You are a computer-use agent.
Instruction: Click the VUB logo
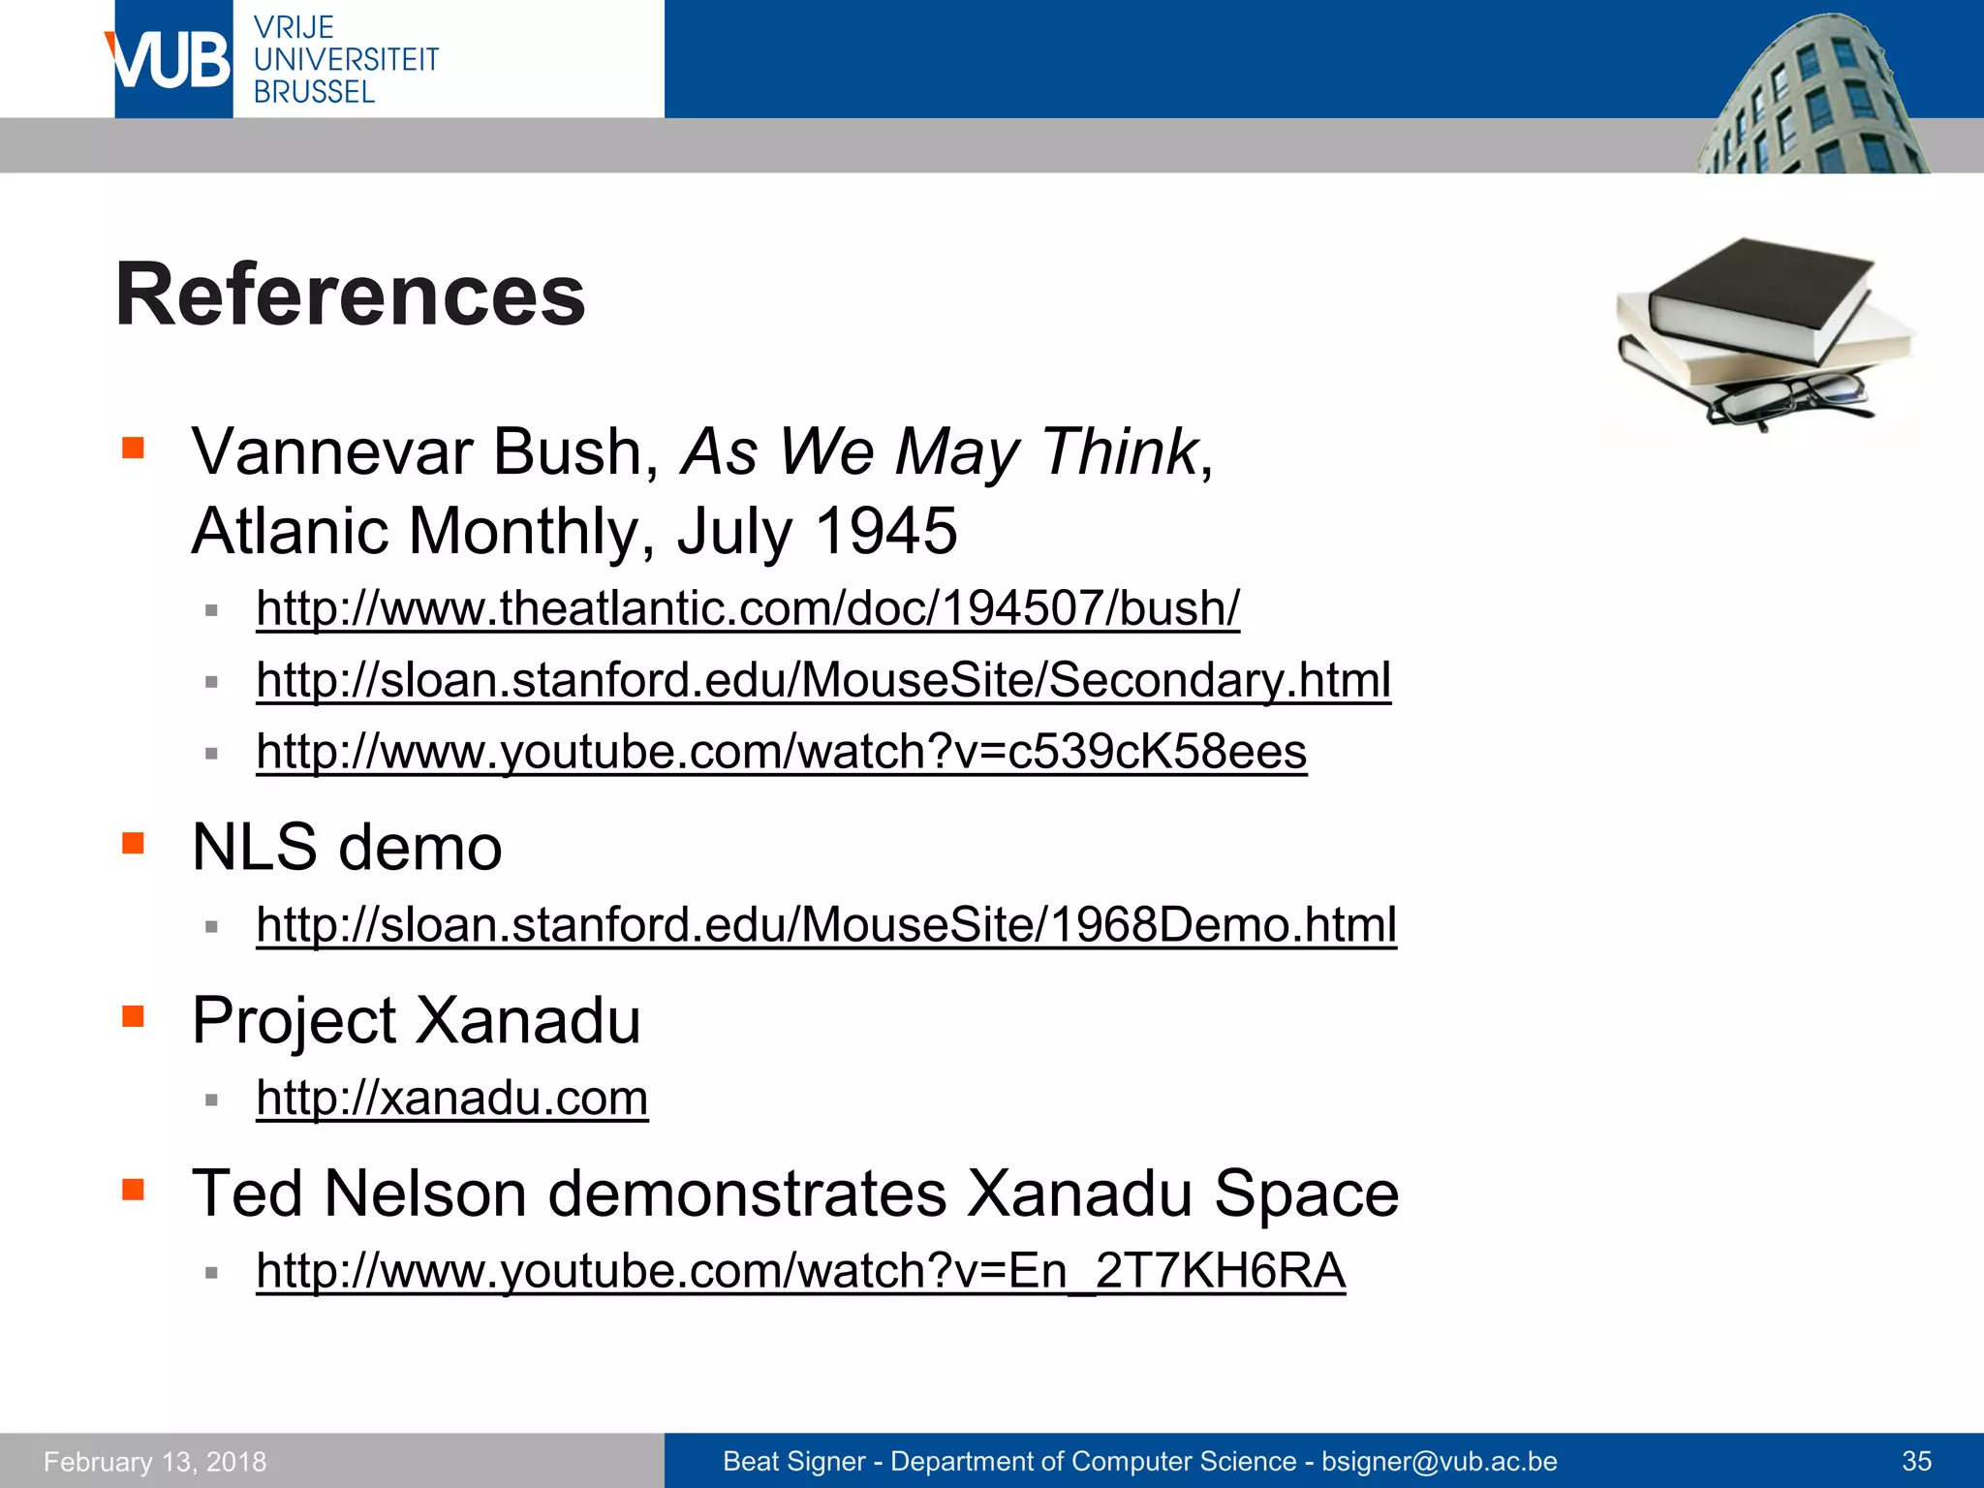(x=172, y=60)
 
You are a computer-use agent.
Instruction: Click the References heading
(x=350, y=294)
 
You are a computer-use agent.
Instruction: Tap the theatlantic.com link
(x=747, y=608)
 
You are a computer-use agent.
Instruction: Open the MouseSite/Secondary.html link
(x=823, y=679)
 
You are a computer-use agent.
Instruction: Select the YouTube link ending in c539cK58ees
(x=781, y=751)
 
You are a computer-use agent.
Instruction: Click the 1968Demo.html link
(x=825, y=924)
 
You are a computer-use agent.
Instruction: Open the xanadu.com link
(x=451, y=1098)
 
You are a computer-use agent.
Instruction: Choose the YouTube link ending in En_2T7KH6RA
(x=800, y=1270)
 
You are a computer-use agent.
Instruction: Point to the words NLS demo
(x=347, y=847)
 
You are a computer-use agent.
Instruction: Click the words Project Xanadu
(x=417, y=1020)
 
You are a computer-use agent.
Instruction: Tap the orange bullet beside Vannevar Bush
(x=133, y=448)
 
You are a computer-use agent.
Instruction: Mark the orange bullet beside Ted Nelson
(x=133, y=1189)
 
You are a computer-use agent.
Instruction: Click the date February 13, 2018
(x=155, y=1461)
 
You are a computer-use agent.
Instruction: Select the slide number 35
(x=1916, y=1461)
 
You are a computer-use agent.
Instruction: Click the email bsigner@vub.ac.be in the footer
(x=1440, y=1461)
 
